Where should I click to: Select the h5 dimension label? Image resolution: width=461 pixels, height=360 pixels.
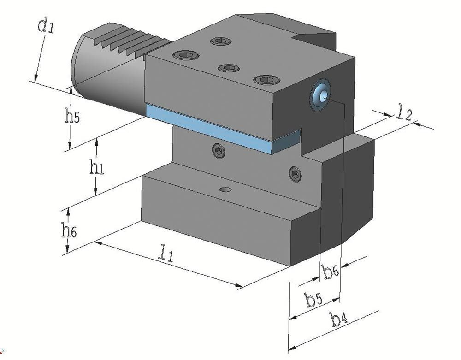(x=71, y=117)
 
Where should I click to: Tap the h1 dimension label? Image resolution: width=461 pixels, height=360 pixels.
(x=96, y=168)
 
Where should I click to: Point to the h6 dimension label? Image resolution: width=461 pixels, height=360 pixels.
(x=69, y=229)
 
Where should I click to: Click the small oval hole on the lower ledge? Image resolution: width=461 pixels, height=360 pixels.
(x=225, y=189)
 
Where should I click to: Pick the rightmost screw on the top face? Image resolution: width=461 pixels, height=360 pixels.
(x=264, y=80)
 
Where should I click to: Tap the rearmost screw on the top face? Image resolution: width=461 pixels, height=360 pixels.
(x=219, y=41)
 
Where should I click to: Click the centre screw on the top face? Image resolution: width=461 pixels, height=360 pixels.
(x=228, y=68)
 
